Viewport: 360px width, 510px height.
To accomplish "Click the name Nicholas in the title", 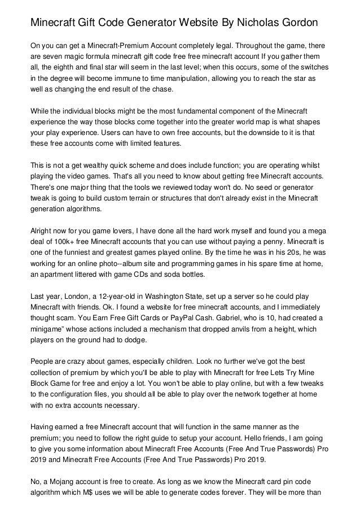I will click(251, 23).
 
